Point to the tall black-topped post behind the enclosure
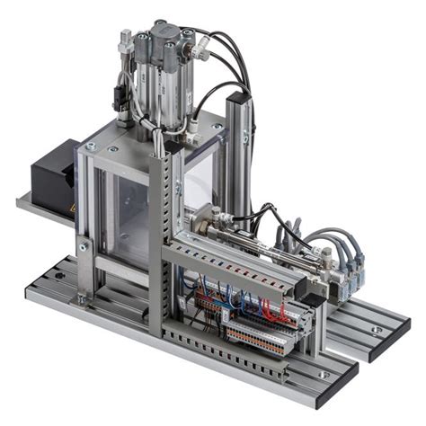[235, 135]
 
